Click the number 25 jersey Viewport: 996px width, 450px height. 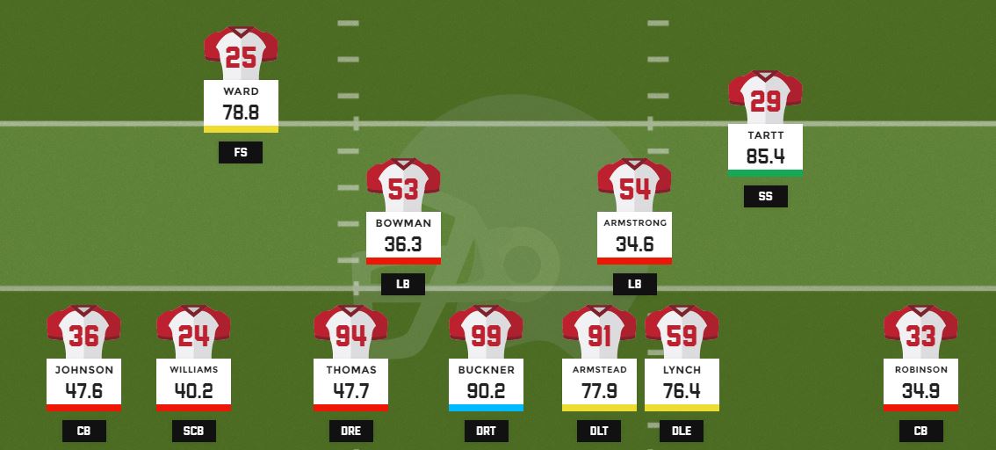click(x=241, y=54)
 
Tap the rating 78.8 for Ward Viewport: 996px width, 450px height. click(x=241, y=112)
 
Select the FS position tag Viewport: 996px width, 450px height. click(x=241, y=153)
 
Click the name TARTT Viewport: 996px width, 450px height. click(x=765, y=135)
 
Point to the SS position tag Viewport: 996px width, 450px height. click(x=765, y=197)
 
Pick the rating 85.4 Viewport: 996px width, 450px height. click(x=765, y=156)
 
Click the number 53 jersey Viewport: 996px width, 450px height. click(x=403, y=186)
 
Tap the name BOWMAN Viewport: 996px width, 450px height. click(x=403, y=223)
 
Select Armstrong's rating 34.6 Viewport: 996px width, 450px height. click(x=634, y=244)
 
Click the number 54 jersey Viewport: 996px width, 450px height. click(x=634, y=186)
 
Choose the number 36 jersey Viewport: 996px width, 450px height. click(x=83, y=334)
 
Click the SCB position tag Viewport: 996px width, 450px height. click(x=193, y=431)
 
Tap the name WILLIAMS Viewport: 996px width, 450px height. click(x=193, y=370)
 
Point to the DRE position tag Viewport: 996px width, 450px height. click(x=350, y=431)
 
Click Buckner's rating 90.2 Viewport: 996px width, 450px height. click(x=486, y=391)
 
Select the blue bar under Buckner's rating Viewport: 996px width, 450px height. click(x=486, y=408)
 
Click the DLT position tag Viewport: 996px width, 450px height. click(x=599, y=431)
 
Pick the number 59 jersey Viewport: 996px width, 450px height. click(x=682, y=334)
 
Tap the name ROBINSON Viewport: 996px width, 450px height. click(x=920, y=370)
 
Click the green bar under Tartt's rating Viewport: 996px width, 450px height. click(x=765, y=173)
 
